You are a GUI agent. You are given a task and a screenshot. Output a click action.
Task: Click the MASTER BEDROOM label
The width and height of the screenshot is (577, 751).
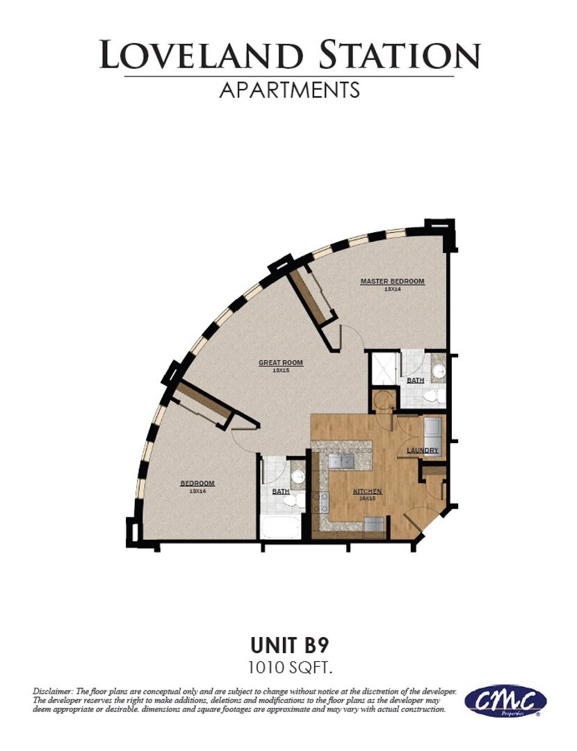tap(392, 281)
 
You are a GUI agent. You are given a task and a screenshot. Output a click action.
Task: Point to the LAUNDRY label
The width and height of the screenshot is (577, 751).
tap(423, 451)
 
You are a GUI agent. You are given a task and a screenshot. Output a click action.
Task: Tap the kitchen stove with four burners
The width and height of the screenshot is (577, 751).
tap(322, 502)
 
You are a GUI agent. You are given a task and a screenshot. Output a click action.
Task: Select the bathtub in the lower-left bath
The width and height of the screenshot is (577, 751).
tap(281, 526)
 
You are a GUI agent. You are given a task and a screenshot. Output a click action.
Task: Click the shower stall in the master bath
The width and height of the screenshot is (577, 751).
tap(384, 368)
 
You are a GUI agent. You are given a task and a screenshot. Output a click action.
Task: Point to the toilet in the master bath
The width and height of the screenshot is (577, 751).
tap(432, 396)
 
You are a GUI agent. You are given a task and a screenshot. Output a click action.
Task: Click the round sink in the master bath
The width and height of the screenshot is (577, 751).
tap(438, 371)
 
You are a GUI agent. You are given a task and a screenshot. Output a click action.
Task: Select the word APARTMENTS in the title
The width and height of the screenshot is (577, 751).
tap(290, 90)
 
